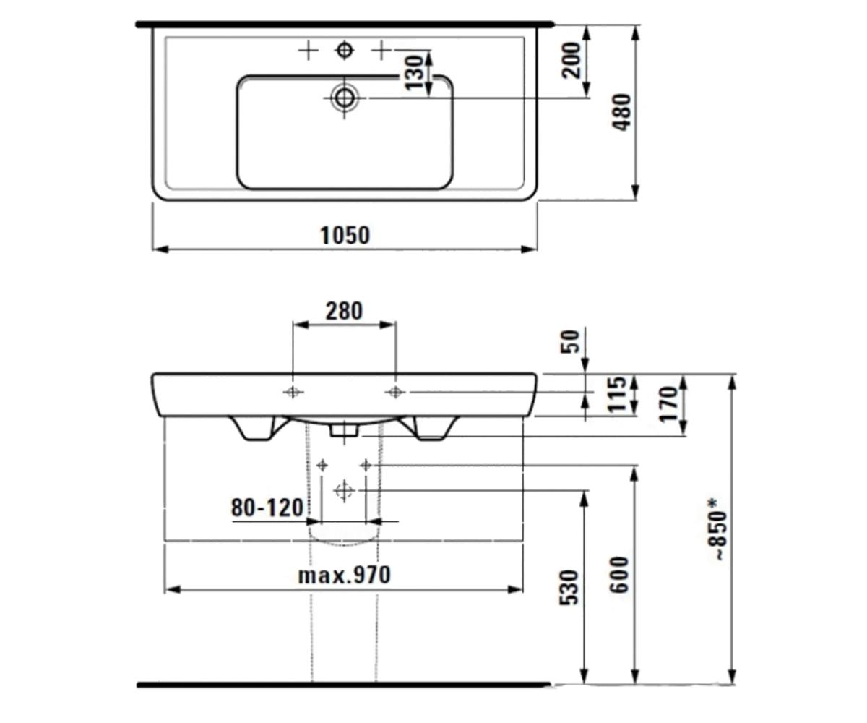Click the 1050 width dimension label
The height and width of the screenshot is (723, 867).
tap(345, 235)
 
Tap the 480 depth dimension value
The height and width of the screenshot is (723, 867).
tap(622, 113)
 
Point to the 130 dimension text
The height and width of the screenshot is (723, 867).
tap(414, 73)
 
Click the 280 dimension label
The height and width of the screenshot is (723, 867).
tap(344, 311)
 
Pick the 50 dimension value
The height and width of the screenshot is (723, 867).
tap(570, 341)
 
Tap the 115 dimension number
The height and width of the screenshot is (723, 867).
tap(616, 394)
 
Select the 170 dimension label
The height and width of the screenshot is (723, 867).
tap(668, 404)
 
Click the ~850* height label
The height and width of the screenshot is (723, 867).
tap(720, 530)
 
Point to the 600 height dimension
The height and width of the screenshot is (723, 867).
tap(619, 576)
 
